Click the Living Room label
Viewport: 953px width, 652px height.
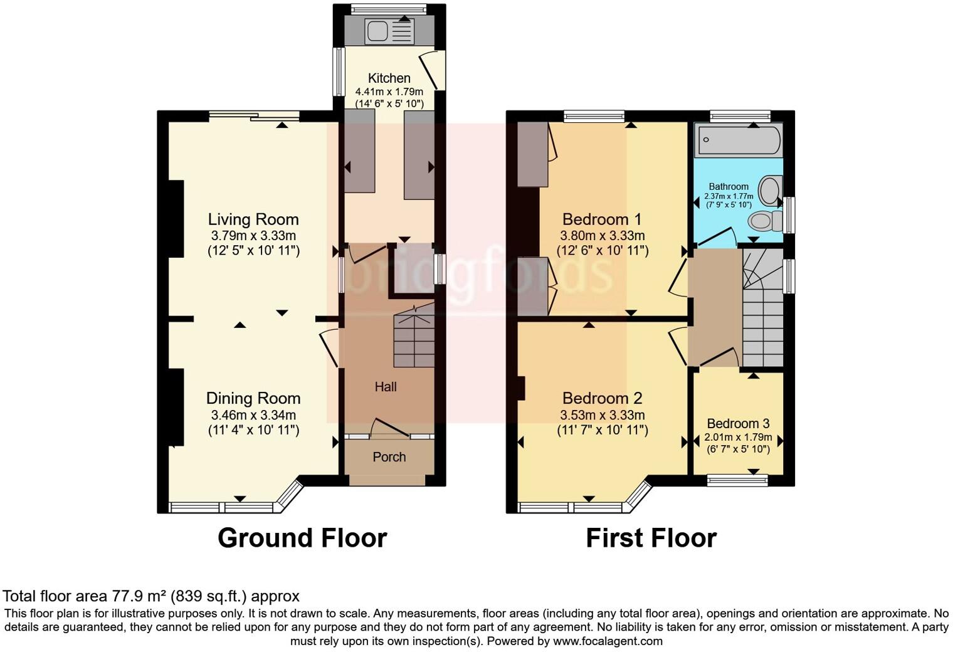point(253,219)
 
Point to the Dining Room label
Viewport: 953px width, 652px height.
point(253,398)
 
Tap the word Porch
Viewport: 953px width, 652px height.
point(389,457)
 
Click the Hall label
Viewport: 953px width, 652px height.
point(386,387)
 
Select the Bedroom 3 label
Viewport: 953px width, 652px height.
point(738,424)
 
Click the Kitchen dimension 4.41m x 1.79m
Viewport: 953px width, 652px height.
point(389,92)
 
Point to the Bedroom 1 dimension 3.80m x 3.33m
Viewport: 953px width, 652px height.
point(602,236)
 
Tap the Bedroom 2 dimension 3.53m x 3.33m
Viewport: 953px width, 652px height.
point(602,415)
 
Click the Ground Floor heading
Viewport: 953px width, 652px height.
point(302,538)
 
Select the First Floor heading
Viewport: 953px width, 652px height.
point(651,538)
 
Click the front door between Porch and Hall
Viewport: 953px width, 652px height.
point(389,434)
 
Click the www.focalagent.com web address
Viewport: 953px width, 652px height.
point(607,641)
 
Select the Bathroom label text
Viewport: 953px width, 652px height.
point(729,186)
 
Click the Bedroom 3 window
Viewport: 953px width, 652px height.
point(737,481)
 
